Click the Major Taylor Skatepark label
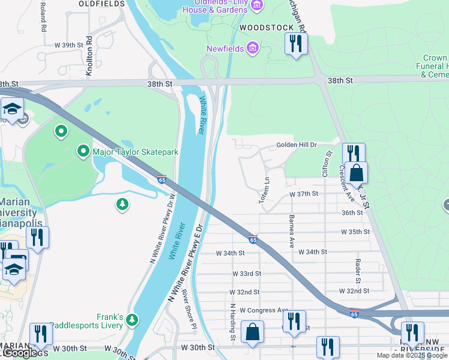click(135, 152)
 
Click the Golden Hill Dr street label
click(296, 145)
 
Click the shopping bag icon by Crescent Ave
click(357, 173)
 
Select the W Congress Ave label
click(264, 310)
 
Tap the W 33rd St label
click(247, 273)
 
